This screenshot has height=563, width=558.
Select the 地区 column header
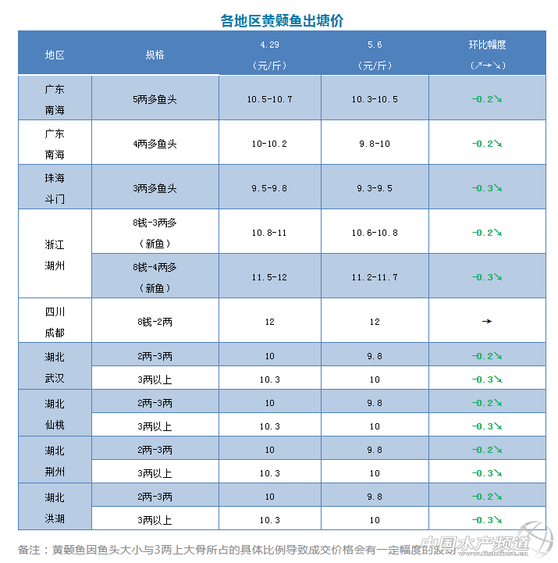pyautogui.click(x=55, y=55)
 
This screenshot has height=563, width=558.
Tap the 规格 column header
pyautogui.click(x=155, y=55)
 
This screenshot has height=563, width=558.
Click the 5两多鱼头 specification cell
pyautogui.click(x=155, y=99)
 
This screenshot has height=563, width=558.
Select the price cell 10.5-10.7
pyautogui.click(x=269, y=99)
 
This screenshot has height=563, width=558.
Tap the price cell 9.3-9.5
pyautogui.click(x=375, y=188)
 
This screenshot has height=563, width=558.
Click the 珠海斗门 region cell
pyautogui.click(x=55, y=188)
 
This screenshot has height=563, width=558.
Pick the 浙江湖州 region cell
pyautogui.click(x=55, y=255)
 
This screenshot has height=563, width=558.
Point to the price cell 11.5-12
pyautogui.click(x=269, y=277)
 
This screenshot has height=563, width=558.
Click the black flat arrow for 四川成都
pyautogui.click(x=487, y=321)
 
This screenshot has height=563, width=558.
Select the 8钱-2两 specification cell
pyautogui.click(x=155, y=322)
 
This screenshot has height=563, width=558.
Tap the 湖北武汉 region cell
pyautogui.click(x=55, y=368)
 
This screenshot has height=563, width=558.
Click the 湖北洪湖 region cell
pyautogui.click(x=55, y=508)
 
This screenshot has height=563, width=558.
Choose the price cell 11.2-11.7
pyautogui.click(x=375, y=277)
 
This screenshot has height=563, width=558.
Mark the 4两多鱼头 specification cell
pyautogui.click(x=155, y=144)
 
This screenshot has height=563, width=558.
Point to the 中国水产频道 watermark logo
pyautogui.click(x=484, y=544)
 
